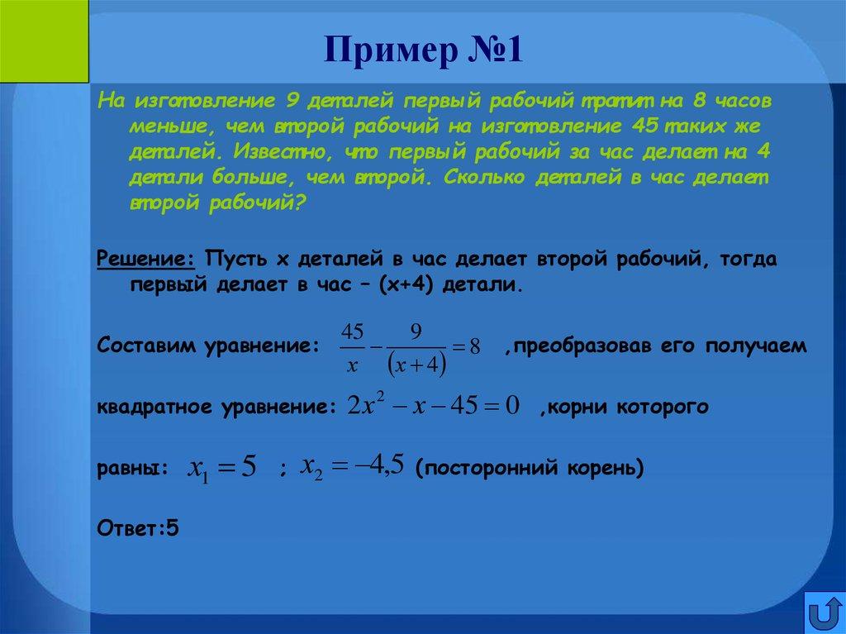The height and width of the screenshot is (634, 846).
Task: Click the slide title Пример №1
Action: (422, 50)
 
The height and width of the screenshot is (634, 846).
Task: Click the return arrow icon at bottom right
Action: (824, 613)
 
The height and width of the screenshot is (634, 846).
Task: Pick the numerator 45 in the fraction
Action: (352, 333)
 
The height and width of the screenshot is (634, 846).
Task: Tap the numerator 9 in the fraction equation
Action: (416, 332)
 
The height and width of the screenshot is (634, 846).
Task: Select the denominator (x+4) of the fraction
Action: (417, 365)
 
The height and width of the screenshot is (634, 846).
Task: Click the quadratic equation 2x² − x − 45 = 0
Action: (433, 407)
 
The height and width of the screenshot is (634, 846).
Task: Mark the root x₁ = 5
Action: (223, 468)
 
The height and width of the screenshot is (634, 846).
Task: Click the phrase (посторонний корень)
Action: (530, 469)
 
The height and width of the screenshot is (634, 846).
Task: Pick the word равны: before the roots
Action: (132, 470)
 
